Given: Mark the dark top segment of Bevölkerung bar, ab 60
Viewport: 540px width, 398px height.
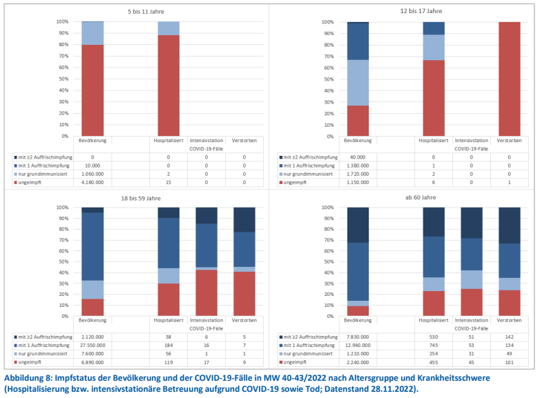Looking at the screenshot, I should pyautogui.click(x=357, y=225).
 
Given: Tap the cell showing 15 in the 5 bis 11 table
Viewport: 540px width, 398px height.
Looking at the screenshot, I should pyautogui.click(x=168, y=181).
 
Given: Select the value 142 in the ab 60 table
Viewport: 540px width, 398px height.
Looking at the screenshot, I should pyautogui.click(x=510, y=337).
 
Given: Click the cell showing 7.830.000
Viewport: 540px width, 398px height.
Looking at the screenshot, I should pyautogui.click(x=357, y=337).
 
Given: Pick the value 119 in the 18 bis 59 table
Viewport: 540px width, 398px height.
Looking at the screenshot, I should pyautogui.click(x=168, y=361).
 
